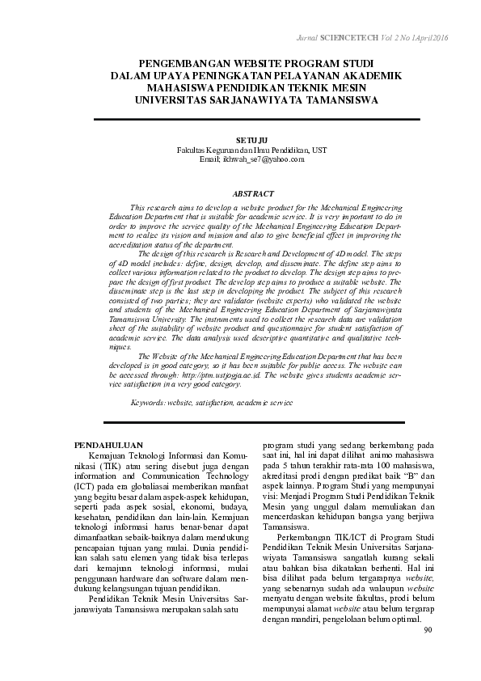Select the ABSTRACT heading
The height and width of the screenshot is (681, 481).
pos(253,194)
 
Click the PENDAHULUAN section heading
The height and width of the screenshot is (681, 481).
pos(108,445)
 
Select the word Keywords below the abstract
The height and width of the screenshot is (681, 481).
pos(148,402)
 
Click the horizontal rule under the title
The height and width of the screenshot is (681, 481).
pos(258,119)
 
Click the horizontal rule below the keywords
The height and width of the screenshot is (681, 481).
pos(258,421)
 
